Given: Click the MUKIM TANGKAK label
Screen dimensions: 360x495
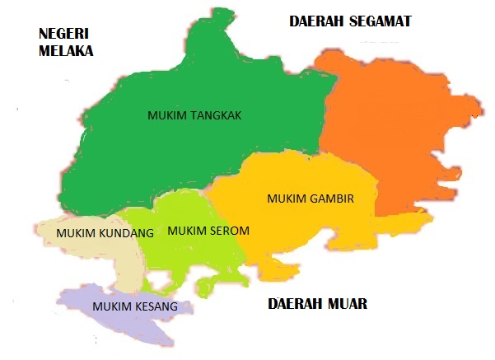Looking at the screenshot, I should tap(194, 116).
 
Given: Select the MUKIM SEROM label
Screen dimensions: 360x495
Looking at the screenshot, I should tap(208, 231).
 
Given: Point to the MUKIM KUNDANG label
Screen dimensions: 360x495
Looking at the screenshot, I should tap(105, 233).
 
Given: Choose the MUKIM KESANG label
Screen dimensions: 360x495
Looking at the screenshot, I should tap(135, 306).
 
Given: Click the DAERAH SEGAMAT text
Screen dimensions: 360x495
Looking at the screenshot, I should tap(349, 21).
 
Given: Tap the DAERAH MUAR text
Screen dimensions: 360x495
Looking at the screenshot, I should tap(317, 304).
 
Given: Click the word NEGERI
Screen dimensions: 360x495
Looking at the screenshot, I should tap(64, 34).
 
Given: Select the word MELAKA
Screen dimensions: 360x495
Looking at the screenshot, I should tap(66, 50).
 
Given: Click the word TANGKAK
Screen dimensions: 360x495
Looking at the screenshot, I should tap(215, 116).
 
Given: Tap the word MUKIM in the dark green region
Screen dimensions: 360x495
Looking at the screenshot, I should tap(167, 116).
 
